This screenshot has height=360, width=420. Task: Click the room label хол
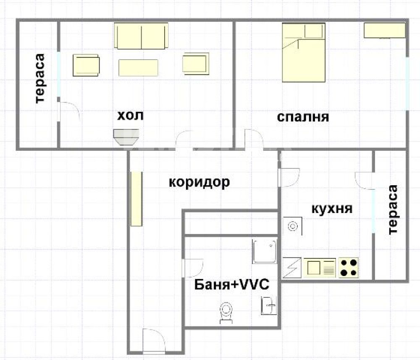(x=131, y=116)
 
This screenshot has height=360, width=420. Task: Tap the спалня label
(x=303, y=117)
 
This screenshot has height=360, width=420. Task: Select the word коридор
(x=199, y=182)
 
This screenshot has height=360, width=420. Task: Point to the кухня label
(x=332, y=209)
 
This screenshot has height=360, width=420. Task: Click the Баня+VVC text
(x=232, y=284)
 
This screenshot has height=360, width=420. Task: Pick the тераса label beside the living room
(x=40, y=78)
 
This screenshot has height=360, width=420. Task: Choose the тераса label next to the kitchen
(x=393, y=210)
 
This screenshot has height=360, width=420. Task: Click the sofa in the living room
(x=142, y=36)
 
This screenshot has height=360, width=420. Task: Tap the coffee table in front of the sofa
(x=138, y=68)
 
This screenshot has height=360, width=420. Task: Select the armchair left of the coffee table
(x=86, y=66)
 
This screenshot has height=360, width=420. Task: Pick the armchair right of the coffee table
(x=196, y=64)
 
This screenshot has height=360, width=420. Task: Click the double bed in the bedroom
(x=304, y=53)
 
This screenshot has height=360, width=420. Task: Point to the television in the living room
(x=126, y=137)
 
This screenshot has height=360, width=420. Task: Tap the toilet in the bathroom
(x=226, y=313)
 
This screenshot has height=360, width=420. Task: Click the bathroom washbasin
(x=269, y=306)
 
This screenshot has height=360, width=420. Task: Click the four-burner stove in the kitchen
(x=349, y=268)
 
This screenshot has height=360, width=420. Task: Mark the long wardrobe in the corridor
(x=136, y=199)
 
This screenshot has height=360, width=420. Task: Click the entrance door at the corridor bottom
(x=154, y=341)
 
